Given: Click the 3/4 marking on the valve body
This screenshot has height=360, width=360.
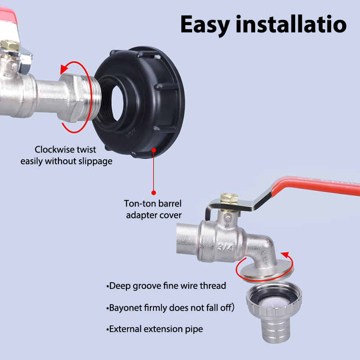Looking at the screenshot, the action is point(225,247).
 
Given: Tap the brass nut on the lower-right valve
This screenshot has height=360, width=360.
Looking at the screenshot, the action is point(229,199).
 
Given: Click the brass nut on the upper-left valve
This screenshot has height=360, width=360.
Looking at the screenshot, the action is point(9,45).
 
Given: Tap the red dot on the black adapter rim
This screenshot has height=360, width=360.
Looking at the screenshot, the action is point(154,150).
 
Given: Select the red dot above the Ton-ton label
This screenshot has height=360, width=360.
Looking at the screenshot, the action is point(154,193).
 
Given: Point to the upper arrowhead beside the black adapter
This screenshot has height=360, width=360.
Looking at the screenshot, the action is point(64,69).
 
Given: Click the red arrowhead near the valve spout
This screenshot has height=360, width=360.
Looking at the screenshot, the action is point(285,255).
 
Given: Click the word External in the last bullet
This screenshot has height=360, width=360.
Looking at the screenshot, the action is point(125,329).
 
